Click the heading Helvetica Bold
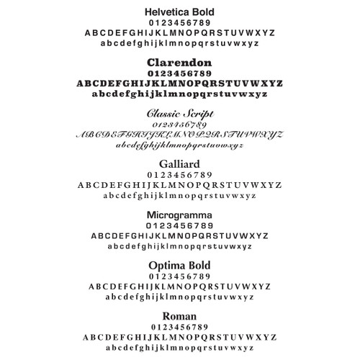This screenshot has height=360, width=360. click(179, 12)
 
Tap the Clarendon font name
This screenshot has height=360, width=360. click(179, 62)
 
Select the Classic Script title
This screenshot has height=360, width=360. click(179, 114)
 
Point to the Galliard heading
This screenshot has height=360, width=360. click(179, 164)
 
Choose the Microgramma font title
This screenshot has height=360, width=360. click(179, 215)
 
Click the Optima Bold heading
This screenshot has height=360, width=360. click(179, 266)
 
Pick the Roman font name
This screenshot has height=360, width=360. click(179, 315)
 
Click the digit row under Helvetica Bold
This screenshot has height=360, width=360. click(179, 23)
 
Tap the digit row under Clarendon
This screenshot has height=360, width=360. click(179, 73)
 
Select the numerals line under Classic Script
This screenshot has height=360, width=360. click(179, 125)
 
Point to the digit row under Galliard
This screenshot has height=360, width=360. click(179, 175)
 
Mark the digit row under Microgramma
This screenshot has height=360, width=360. click(179, 225)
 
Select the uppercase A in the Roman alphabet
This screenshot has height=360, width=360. click(86, 337)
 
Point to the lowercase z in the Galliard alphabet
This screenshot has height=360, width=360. click(253, 195)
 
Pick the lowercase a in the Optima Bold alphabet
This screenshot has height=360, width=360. click(108, 296)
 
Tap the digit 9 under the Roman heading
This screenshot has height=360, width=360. click(209, 326)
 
